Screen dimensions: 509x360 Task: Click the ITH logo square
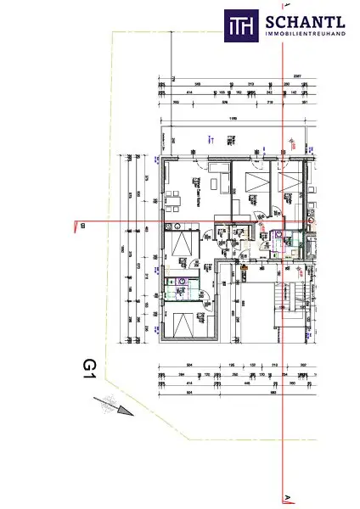240,26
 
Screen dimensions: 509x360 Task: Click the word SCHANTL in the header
303,21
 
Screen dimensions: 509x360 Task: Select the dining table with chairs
174,200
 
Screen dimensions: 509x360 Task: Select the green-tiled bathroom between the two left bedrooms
181,286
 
